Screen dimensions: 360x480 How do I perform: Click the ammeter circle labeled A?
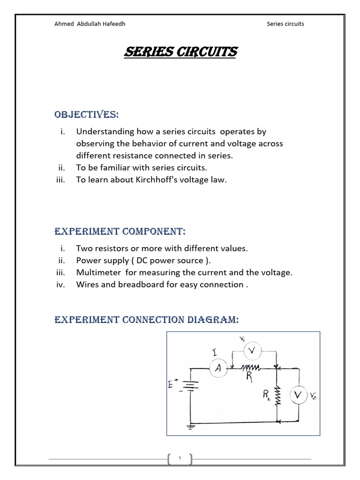217,369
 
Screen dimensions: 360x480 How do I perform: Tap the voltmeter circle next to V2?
298,397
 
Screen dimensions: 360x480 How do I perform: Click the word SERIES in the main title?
143,52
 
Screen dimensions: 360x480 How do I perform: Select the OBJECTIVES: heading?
86,115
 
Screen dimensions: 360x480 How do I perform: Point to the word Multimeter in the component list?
96,272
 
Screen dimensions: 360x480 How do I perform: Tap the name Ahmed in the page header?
64,24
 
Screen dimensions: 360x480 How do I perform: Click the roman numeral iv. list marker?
60,285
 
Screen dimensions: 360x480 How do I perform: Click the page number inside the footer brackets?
180,459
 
